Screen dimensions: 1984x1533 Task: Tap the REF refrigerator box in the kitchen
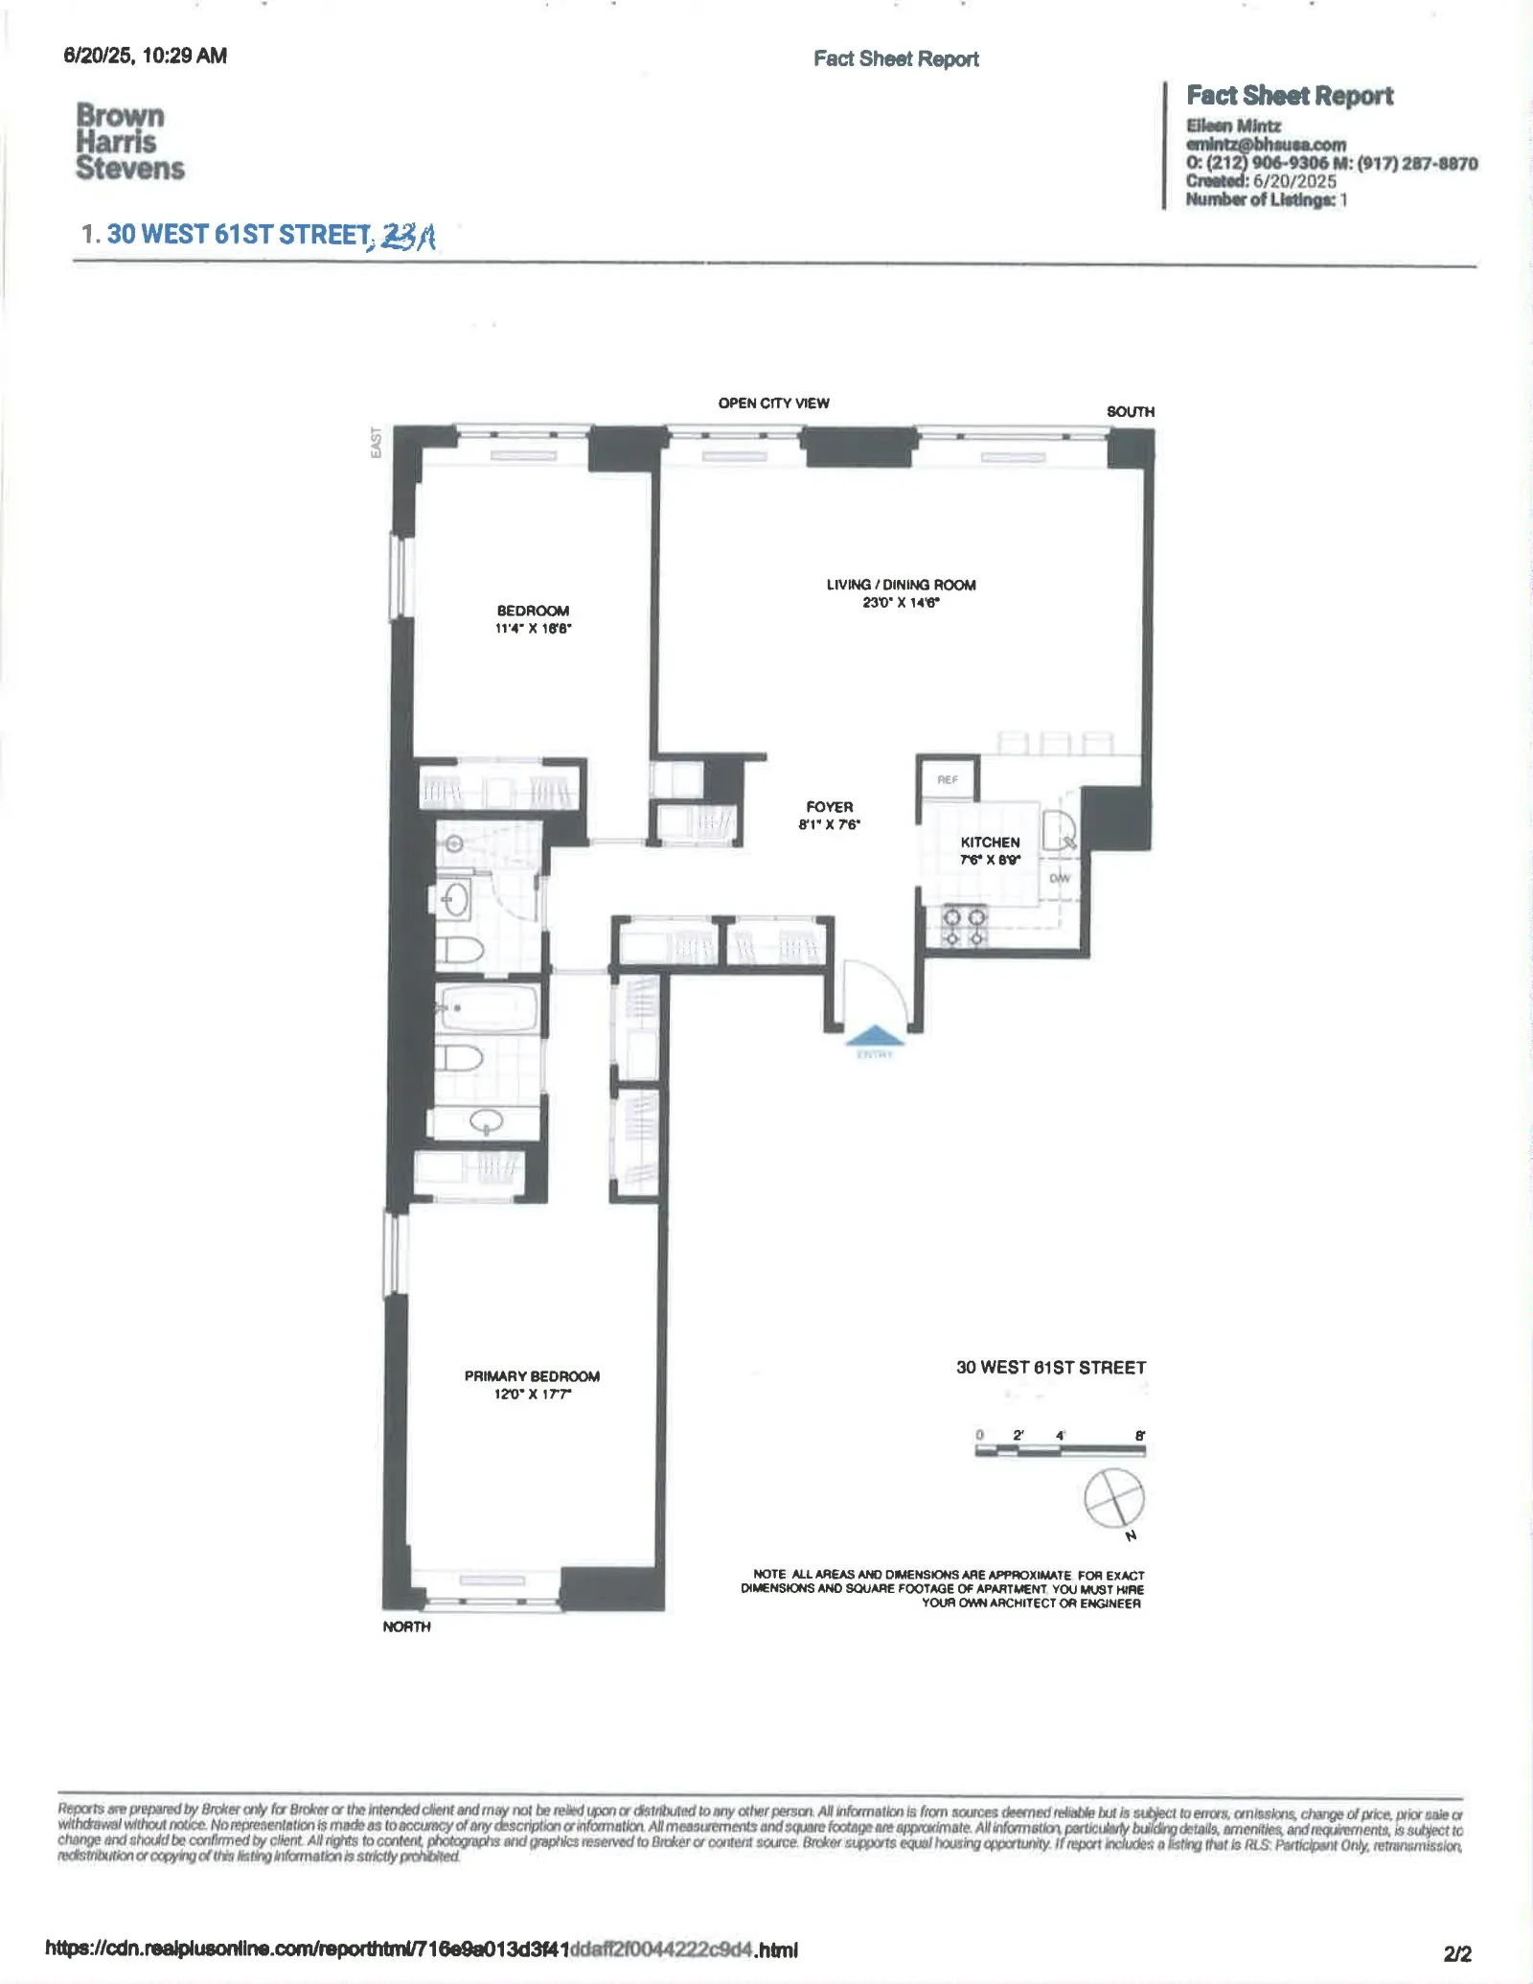[948, 779]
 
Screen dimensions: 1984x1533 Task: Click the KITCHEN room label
[990, 842]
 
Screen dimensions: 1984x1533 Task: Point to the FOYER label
[829, 807]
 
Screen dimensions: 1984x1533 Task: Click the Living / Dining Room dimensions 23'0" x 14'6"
[901, 603]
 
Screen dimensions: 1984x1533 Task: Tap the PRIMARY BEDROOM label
[532, 1375]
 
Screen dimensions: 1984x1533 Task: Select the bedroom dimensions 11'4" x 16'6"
[533, 629]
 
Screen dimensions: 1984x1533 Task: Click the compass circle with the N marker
[1114, 1497]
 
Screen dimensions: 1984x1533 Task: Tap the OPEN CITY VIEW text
[773, 403]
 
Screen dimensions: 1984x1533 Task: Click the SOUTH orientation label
[1130, 411]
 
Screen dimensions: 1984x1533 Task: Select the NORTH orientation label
[406, 1626]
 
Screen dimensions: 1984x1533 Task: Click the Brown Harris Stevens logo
[128, 142]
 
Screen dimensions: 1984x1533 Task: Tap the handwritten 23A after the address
[408, 236]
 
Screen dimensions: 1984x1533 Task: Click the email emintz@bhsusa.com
[1265, 145]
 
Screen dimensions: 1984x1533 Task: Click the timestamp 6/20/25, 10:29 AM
[145, 56]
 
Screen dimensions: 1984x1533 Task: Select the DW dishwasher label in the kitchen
[1059, 878]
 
